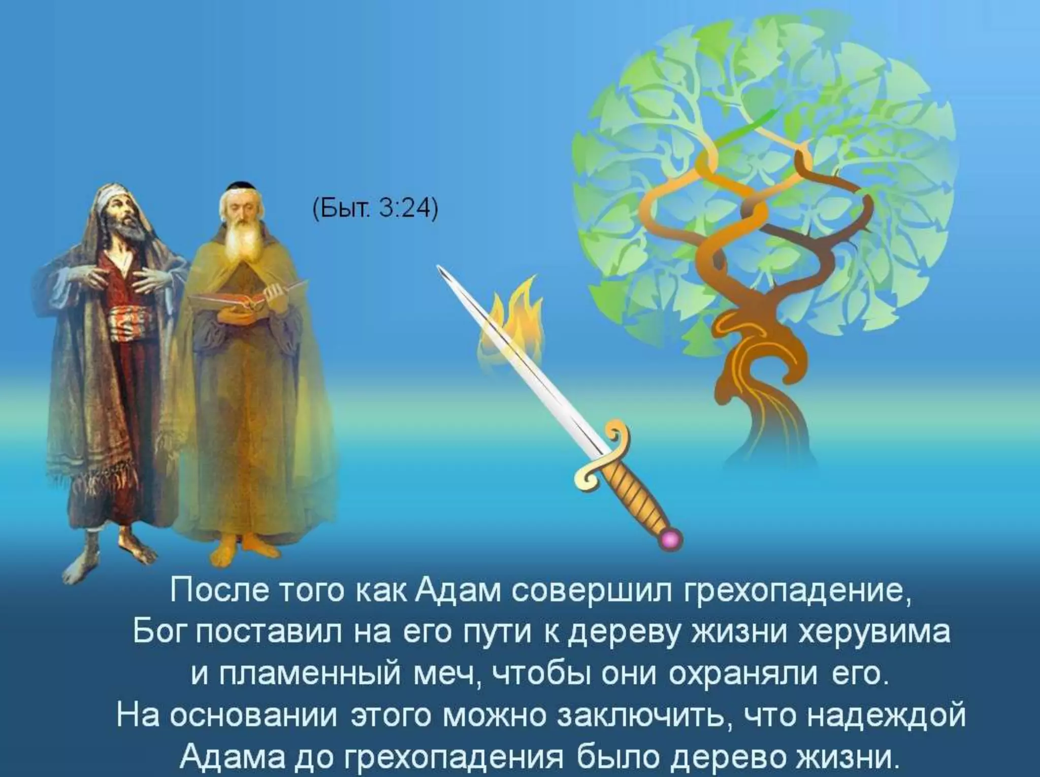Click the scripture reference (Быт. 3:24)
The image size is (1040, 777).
(x=375, y=210)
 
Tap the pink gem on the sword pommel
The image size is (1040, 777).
(x=672, y=539)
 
